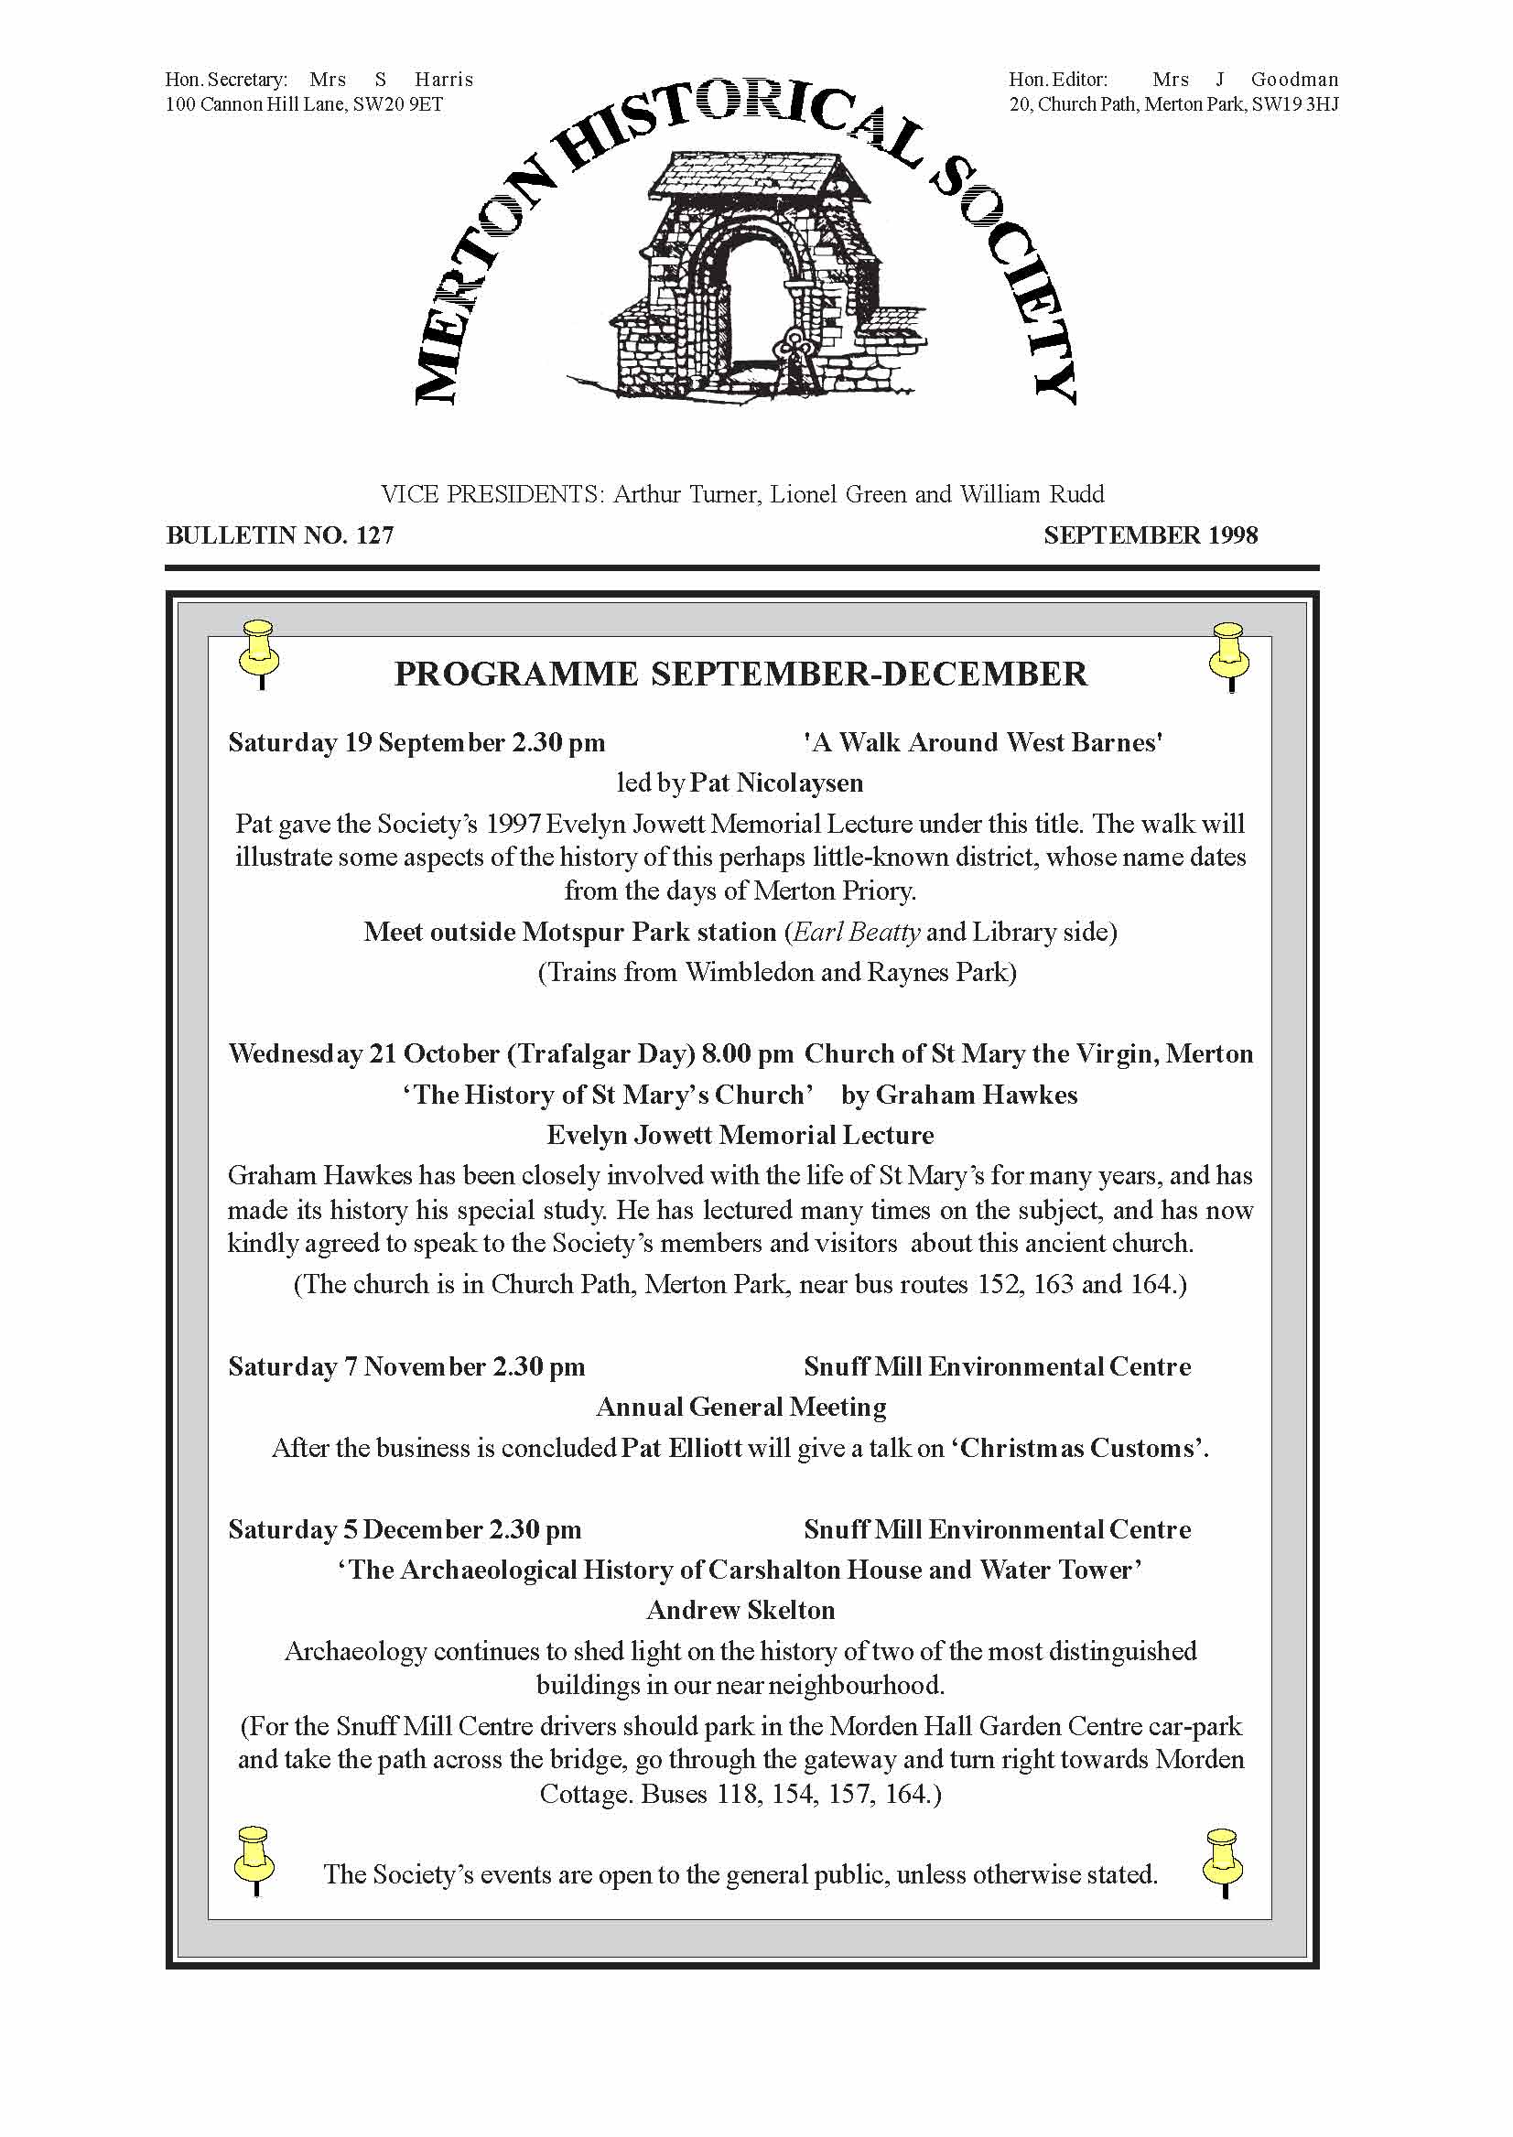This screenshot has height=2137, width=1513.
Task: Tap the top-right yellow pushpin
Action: point(1229,654)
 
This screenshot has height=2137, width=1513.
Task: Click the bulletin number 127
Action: point(374,535)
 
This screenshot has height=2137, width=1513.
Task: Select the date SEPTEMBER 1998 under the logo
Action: point(1151,535)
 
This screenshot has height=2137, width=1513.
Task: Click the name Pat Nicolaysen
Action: point(776,782)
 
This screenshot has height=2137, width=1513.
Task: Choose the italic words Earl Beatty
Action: point(857,932)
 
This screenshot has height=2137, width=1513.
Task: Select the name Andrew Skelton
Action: point(740,1610)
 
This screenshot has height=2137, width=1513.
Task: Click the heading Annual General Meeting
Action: point(740,1407)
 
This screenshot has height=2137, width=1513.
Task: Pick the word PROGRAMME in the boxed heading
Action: point(516,674)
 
